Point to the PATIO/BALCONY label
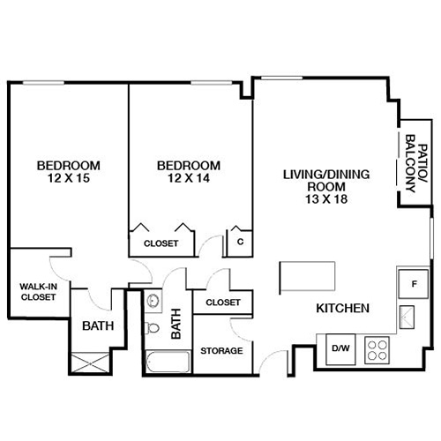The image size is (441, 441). tap(410, 168)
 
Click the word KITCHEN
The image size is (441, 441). tap(342, 309)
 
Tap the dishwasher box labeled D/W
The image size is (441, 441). tap(340, 348)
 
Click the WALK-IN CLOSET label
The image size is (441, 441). tap(38, 291)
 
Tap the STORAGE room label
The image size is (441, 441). tap(220, 351)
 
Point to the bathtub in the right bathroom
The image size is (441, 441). tap(167, 363)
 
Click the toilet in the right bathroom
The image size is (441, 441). tap(153, 329)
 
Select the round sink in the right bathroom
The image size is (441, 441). tap(153, 298)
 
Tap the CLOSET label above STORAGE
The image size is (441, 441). tap(222, 303)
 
